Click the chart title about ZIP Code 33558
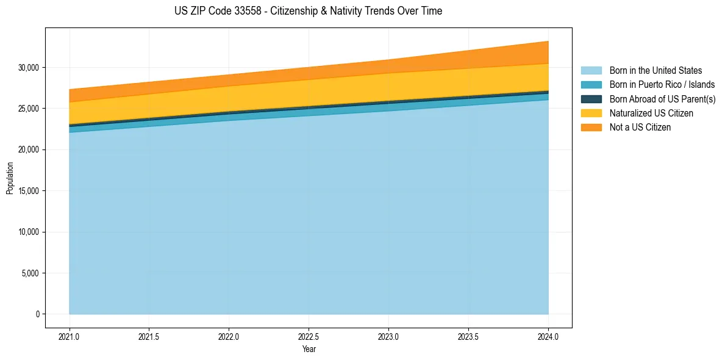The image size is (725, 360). [308, 11]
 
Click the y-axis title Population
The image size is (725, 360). [10, 178]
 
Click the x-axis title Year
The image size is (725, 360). [309, 349]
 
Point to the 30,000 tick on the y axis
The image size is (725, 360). [28, 67]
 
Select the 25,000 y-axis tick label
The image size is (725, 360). [28, 109]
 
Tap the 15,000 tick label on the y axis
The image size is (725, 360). [28, 191]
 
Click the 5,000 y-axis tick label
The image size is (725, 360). [30, 273]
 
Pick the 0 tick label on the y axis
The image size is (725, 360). [37, 314]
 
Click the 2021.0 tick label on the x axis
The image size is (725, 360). [69, 336]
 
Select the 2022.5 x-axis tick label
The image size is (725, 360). [309, 336]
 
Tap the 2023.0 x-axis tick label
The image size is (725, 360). [388, 336]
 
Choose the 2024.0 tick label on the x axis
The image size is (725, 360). [548, 336]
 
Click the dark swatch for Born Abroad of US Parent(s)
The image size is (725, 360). [591, 99]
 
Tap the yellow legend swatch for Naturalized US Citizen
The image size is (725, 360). [591, 113]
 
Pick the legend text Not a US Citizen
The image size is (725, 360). [640, 128]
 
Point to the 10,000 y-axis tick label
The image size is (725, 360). [28, 232]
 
